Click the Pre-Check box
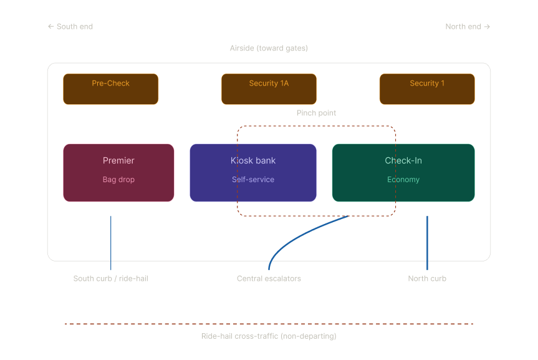tap(110, 89)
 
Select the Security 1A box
tap(269, 89)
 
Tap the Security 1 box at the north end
tap(427, 89)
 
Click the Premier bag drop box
tap(118, 173)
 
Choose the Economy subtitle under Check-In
tap(403, 179)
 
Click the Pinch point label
tap(316, 113)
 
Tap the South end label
tap(70, 26)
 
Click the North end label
tap(468, 26)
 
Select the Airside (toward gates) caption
tap(269, 48)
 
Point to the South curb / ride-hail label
tap(110, 279)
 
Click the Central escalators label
tap(269, 279)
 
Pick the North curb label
tap(427, 279)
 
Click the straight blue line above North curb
tap(427, 243)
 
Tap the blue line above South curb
tap(110, 243)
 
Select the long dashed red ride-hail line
tap(269, 324)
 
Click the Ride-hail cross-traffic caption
tap(269, 336)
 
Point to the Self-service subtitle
tap(253, 179)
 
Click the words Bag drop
tap(118, 179)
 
